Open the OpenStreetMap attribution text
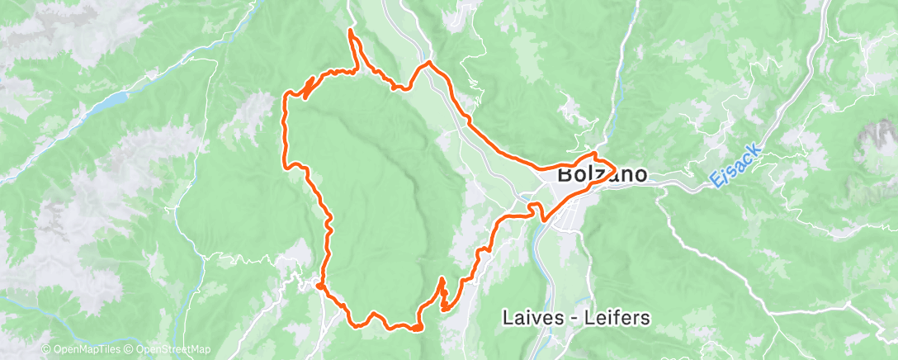pyautogui.click(x=171, y=349)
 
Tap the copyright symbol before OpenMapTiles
pyautogui.click(x=45, y=349)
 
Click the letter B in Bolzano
pyautogui.click(x=565, y=175)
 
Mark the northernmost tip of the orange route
pyautogui.click(x=351, y=31)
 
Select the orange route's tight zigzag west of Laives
pyautogui.click(x=442, y=296)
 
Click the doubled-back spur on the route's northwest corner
pyautogui.click(x=309, y=88)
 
